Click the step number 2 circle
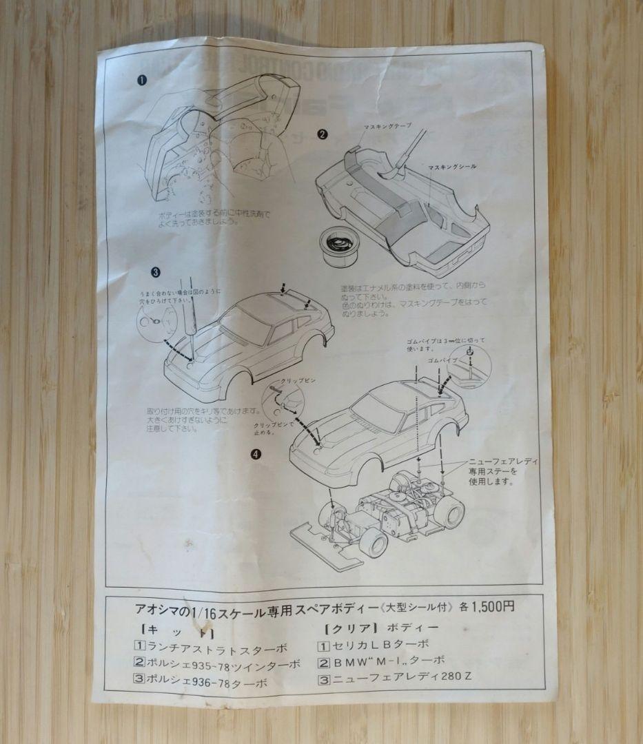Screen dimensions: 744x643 pyautogui.click(x=321, y=134)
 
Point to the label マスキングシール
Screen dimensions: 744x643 pyautogui.click(x=452, y=167)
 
